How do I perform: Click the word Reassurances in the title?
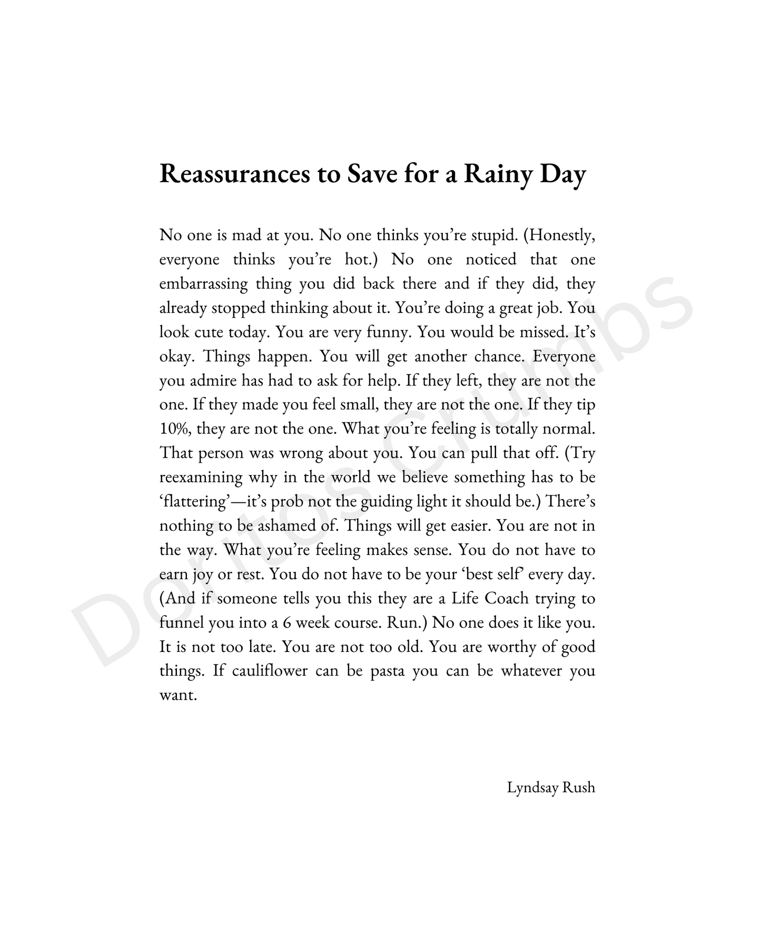(235, 174)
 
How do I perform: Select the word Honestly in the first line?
(561, 235)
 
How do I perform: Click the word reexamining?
(201, 478)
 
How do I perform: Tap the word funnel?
(182, 623)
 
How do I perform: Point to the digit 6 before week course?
(286, 623)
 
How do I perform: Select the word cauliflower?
(268, 671)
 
